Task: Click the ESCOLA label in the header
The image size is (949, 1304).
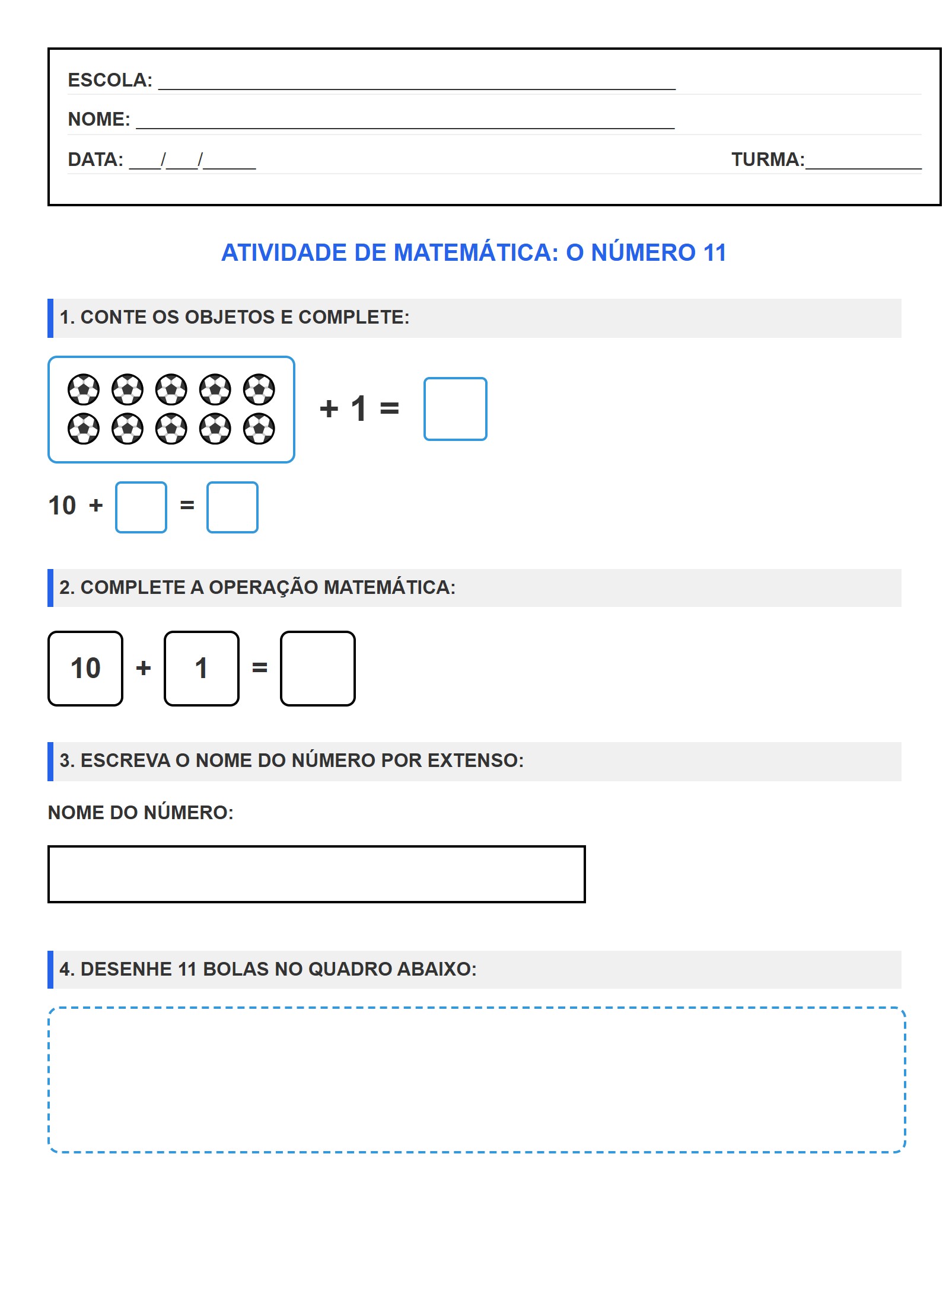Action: (x=110, y=80)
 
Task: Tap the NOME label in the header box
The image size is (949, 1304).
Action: (x=98, y=119)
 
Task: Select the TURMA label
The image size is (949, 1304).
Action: (x=767, y=159)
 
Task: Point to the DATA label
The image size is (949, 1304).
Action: (x=95, y=159)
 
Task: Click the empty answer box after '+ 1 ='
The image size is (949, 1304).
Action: (x=455, y=409)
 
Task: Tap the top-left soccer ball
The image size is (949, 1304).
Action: (x=84, y=389)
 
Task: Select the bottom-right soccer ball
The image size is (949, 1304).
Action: (x=259, y=429)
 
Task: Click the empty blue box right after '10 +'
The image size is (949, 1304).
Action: (x=141, y=507)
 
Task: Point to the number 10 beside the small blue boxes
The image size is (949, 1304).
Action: (x=62, y=506)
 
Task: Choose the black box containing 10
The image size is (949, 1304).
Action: (x=85, y=669)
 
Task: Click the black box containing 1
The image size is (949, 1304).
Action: (x=202, y=669)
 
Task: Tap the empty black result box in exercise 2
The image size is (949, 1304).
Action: (x=318, y=669)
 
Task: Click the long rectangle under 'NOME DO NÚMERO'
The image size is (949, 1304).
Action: (x=316, y=874)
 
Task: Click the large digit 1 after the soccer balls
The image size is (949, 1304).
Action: (x=359, y=408)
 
